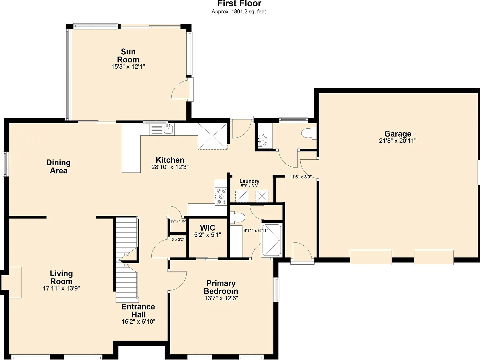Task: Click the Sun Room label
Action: pos(128,56)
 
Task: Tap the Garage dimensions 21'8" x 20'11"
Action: pos(397,141)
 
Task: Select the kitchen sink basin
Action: pos(168,129)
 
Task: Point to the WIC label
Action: pos(207,228)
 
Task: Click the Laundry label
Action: pos(249,181)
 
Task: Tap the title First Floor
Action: pos(239,3)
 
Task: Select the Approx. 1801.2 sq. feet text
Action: pos(239,12)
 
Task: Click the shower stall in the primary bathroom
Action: pos(272,240)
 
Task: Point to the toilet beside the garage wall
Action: pos(309,133)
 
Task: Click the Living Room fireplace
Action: pos(11,282)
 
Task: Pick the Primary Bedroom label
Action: pos(221,287)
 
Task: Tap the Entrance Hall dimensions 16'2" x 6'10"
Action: pos(138,322)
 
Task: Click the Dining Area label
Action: pos(58,167)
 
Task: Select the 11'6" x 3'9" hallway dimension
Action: pos(300,177)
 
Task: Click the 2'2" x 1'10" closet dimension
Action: pos(178,221)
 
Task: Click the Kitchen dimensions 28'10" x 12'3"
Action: pos(170,167)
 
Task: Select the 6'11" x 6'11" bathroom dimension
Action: pos(256,230)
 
